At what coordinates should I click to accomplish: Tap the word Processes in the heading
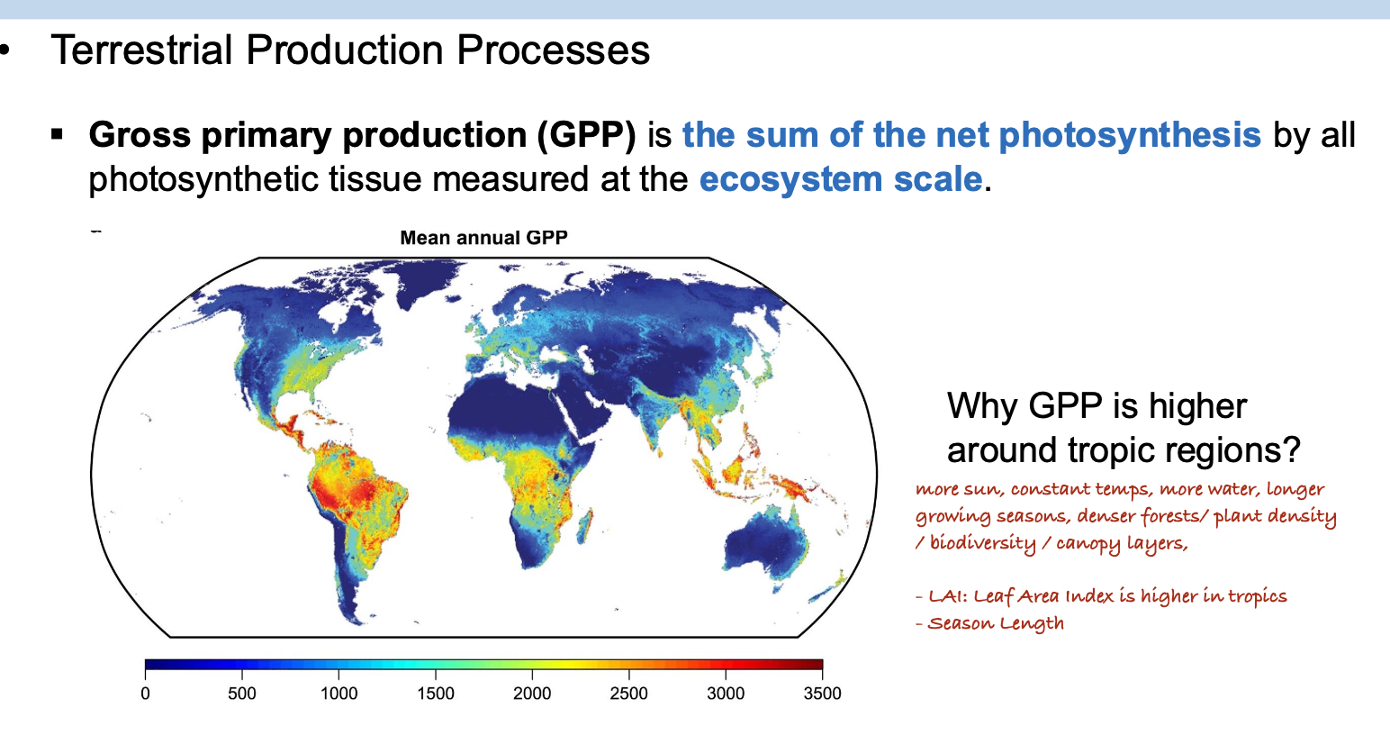554,50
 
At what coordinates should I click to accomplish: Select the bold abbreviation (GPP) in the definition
587,136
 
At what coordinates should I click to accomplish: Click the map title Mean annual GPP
483,238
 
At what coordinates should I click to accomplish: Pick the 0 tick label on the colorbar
145,694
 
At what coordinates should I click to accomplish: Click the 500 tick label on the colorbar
242,694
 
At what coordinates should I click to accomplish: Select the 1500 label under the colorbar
436,694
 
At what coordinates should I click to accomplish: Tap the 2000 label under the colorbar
532,694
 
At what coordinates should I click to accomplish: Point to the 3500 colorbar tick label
822,694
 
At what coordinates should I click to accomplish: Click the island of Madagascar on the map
584,526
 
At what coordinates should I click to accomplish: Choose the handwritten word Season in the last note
960,623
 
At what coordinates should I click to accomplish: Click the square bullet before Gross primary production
57,133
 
